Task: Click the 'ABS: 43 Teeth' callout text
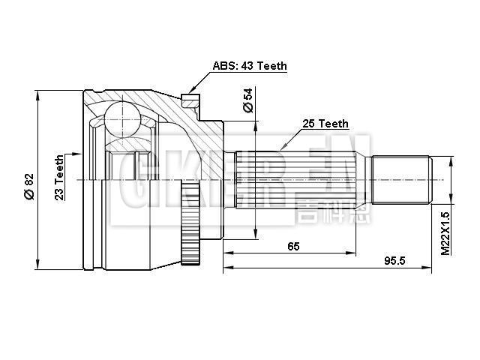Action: click(250, 66)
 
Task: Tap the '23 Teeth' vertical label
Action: click(59, 177)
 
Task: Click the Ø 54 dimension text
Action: click(248, 100)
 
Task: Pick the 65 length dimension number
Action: click(293, 246)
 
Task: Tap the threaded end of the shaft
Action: click(401, 180)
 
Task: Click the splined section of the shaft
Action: click(300, 180)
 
